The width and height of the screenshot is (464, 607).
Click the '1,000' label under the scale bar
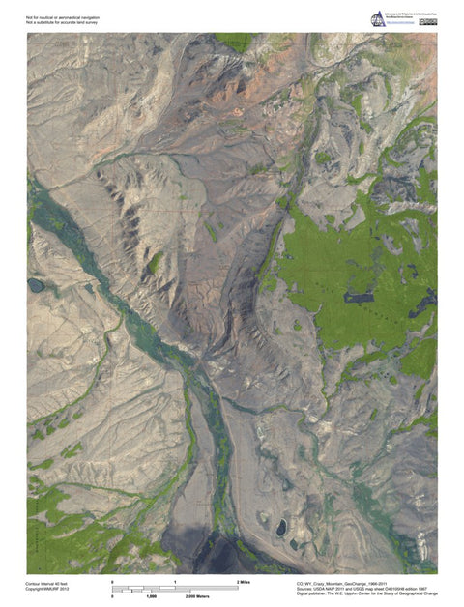pyautogui.click(x=150, y=595)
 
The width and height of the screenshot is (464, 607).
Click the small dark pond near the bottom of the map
pyautogui.click(x=281, y=527)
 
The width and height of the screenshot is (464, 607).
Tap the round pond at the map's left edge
pyautogui.click(x=36, y=285)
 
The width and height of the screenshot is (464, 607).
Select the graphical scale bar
pyautogui.click(x=175, y=589)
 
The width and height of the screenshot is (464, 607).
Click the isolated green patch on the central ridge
pyautogui.click(x=154, y=261)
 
